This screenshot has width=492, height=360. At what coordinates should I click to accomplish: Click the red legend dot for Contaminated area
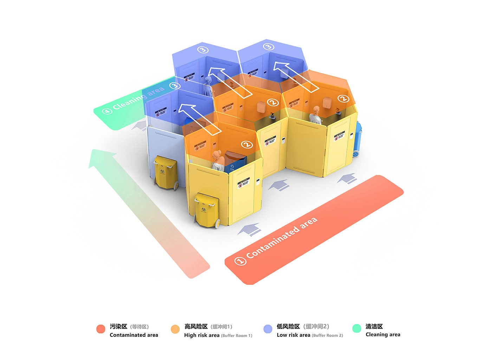coord(101,329)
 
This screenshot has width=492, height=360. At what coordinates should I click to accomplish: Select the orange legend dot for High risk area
coord(175,329)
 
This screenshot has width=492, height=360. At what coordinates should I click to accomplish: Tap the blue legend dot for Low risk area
coord(268,329)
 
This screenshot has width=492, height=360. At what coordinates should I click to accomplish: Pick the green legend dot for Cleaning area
coord(357,328)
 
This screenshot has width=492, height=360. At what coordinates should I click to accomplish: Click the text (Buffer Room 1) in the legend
coord(237,335)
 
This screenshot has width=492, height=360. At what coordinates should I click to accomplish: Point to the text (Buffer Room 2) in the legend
coord(327,335)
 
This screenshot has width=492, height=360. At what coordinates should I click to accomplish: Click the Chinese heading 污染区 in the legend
coord(118,327)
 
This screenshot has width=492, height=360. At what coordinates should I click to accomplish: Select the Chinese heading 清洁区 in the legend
coord(374,327)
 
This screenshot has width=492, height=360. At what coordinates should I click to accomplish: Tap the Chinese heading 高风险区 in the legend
coord(196,327)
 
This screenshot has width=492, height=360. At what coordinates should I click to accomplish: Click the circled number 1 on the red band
coord(240,261)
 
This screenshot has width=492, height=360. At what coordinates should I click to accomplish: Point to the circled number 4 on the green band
coord(107,111)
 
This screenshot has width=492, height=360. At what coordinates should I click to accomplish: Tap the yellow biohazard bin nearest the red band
coord(207,210)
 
